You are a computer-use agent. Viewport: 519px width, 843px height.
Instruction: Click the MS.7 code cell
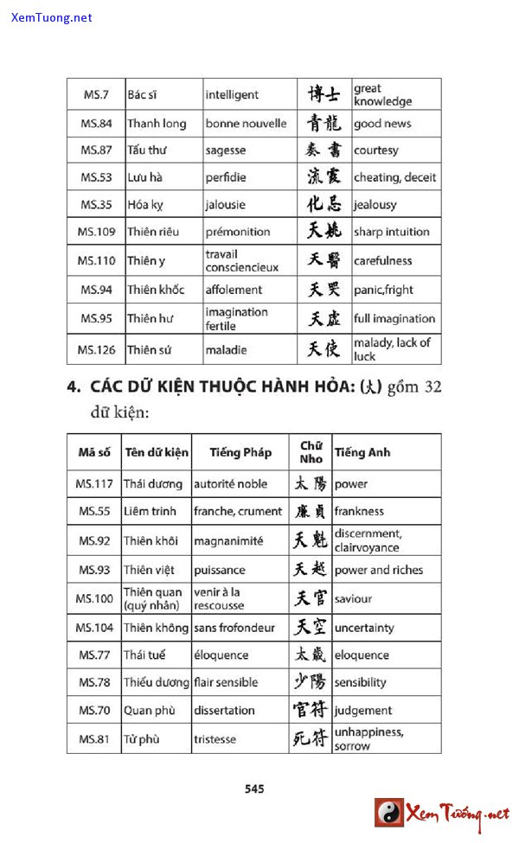click(x=96, y=94)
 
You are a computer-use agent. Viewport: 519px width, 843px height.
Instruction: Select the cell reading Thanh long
click(x=157, y=124)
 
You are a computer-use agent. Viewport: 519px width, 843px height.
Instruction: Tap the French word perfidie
click(x=226, y=177)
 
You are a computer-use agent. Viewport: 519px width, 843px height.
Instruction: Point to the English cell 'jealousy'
click(x=375, y=205)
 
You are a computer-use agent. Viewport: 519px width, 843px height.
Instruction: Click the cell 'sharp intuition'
click(x=391, y=232)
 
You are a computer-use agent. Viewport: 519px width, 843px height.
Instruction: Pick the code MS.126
click(x=96, y=349)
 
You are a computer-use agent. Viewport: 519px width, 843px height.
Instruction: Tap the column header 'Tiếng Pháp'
click(x=240, y=452)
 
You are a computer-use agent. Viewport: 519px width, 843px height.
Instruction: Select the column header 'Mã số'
click(x=94, y=452)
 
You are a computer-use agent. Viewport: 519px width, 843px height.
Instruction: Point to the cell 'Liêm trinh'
click(x=150, y=511)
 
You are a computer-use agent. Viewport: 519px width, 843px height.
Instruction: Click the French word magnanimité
click(x=228, y=541)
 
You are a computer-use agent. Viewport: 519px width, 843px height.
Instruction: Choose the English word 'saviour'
click(x=353, y=598)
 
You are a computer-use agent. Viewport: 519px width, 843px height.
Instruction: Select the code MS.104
click(x=94, y=628)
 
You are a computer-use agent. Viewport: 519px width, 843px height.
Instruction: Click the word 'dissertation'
click(x=224, y=711)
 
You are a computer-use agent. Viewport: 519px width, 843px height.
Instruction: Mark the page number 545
click(x=254, y=789)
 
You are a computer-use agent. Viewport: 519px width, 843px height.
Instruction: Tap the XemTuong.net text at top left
click(x=52, y=17)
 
